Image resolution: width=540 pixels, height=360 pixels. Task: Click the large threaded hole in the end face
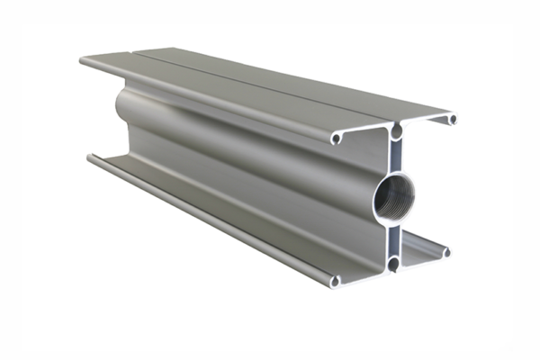coord(393,193)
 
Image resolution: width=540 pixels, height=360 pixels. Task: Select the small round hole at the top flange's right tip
coord(452,119)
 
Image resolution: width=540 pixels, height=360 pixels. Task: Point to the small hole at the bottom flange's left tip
coord(335,281)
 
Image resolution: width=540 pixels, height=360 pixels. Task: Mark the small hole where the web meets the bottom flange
coord(394,264)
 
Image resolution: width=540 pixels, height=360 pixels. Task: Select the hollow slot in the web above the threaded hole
coord(394,156)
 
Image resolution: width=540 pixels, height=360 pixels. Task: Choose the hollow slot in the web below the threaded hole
coord(394,237)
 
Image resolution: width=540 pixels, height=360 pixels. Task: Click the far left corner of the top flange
coord(83,61)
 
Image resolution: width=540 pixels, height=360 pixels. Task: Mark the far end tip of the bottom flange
coord(90,158)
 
